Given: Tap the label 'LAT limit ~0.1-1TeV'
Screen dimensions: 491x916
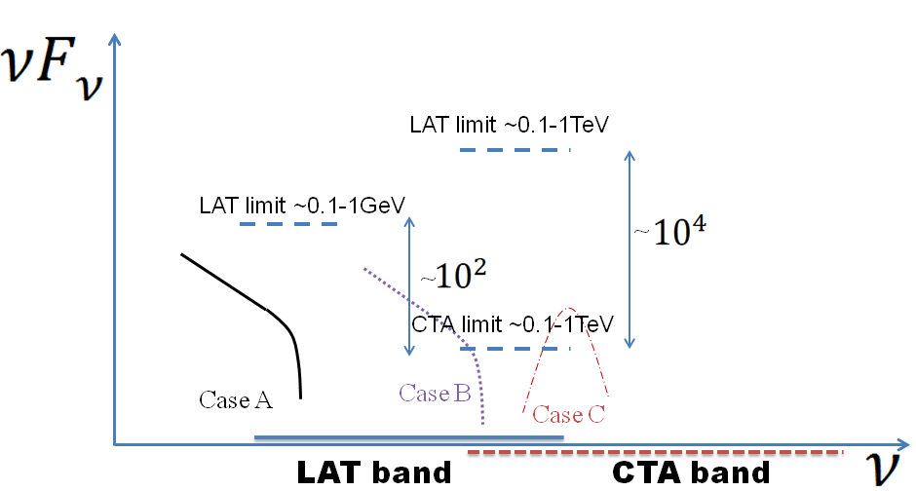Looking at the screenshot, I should coord(510,125).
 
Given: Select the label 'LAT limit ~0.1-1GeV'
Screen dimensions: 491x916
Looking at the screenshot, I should coord(301,206).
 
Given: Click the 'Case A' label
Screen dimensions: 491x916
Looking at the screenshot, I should coord(236,399).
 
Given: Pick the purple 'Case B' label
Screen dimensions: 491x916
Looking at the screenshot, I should coord(435,394).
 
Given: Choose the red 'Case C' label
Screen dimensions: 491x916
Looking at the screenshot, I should coord(569,414).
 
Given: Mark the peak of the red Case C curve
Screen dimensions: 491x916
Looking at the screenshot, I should coord(572,308).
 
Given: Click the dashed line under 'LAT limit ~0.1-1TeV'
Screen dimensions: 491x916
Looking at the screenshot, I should coord(515,149).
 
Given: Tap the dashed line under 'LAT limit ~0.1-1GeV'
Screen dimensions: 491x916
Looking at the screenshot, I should coord(288,224).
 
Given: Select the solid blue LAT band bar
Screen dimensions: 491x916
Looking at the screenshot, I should coord(409,437).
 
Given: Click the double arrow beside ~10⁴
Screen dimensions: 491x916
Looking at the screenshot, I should coord(630,248).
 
